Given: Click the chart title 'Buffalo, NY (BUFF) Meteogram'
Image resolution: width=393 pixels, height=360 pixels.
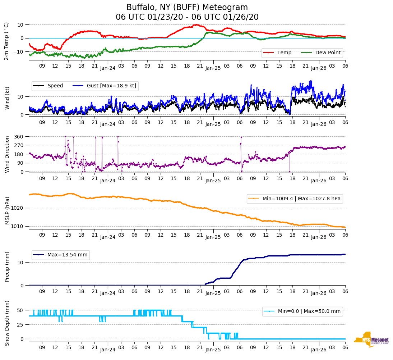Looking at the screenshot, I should coord(187,8).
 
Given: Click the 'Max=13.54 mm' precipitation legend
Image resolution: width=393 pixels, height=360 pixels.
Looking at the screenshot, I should coord(67,255).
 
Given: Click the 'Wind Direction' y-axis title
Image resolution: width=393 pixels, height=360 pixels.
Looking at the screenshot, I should coord(7,154).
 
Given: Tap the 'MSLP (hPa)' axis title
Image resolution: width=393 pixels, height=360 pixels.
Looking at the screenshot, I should coord(7,211).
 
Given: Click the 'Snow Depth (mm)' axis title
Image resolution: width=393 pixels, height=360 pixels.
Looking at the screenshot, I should coord(7,323).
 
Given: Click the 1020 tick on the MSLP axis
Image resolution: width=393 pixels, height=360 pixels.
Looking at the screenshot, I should coord(18,208).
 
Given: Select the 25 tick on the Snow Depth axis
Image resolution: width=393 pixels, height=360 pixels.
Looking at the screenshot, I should coord(20,325).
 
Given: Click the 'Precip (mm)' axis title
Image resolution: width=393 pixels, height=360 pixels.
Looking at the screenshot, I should coord(7,267).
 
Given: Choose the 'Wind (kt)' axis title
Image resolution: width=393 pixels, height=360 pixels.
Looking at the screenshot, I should coord(7,98).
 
